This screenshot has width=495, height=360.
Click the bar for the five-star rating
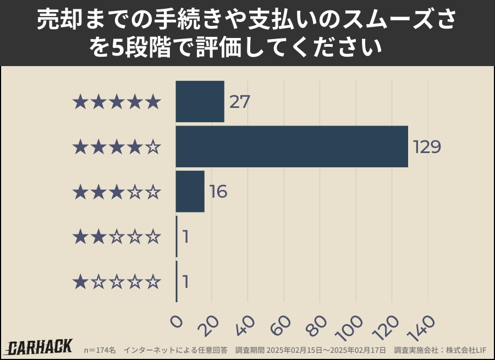click(200, 101)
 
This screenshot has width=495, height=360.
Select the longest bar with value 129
click(291, 146)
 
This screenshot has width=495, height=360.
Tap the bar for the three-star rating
click(190, 192)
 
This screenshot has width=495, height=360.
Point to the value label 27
click(240, 102)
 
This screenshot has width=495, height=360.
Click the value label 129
click(427, 147)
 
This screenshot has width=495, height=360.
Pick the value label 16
click(218, 192)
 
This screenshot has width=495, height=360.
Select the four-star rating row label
click(117, 147)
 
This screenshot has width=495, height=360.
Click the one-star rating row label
click(117, 282)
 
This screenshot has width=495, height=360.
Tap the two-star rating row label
click(117, 237)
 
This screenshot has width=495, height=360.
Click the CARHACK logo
click(40, 347)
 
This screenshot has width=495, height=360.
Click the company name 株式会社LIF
click(466, 350)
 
